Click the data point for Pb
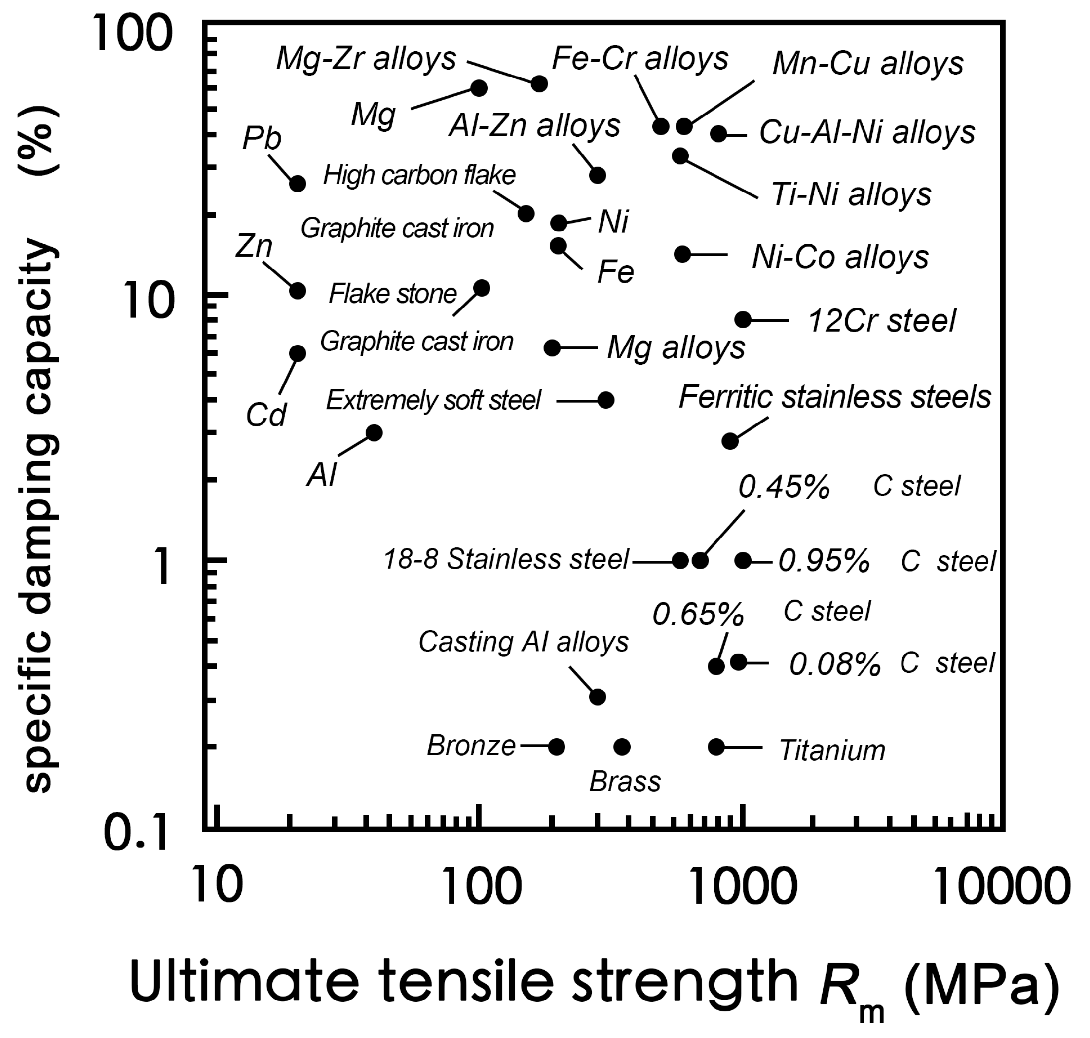pyautogui.click(x=298, y=184)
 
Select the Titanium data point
pyautogui.click(x=716, y=747)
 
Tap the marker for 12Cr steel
pyautogui.click(x=743, y=319)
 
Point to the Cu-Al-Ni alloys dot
pyautogui.click(x=718, y=133)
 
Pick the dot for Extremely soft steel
pyautogui.click(x=606, y=400)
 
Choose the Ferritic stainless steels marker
pyautogui.click(x=730, y=441)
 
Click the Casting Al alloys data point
pyautogui.click(x=597, y=696)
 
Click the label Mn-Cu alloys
pyautogui.click(x=867, y=64)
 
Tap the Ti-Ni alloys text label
pyautogui.click(x=851, y=195)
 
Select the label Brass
pyautogui.click(x=625, y=782)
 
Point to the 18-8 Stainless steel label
pyautogui.click(x=506, y=559)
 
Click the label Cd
pyautogui.click(x=265, y=415)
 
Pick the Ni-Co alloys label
pyautogui.click(x=840, y=258)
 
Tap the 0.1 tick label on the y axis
pyautogui.click(x=136, y=834)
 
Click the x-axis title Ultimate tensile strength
pyautogui.click(x=464, y=982)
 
